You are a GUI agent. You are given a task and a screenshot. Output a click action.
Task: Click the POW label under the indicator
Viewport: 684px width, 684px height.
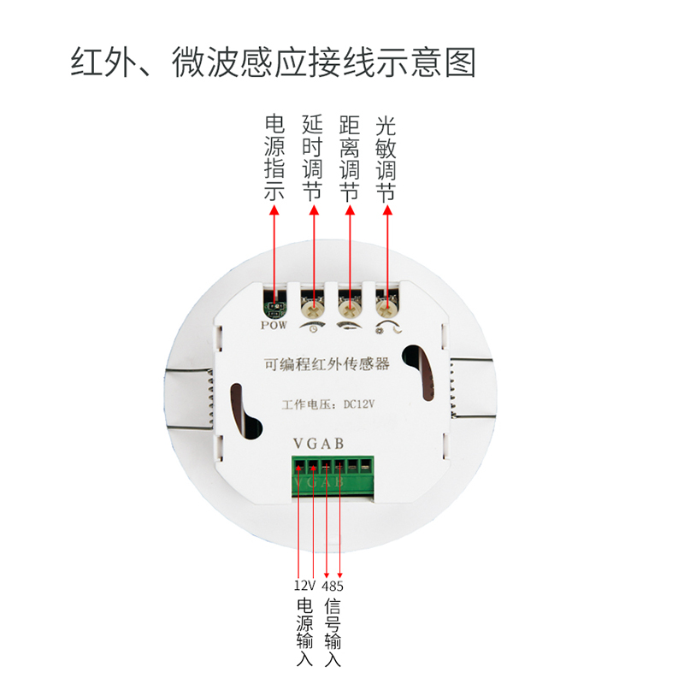[x=274, y=326]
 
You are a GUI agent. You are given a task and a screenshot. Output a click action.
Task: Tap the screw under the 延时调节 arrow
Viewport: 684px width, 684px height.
[x=312, y=304]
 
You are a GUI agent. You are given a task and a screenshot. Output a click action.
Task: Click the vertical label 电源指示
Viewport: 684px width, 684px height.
[x=274, y=158]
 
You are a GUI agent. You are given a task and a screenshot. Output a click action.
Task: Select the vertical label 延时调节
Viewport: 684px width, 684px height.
[x=312, y=158]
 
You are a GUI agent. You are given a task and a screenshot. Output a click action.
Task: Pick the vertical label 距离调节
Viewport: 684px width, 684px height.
[x=349, y=158]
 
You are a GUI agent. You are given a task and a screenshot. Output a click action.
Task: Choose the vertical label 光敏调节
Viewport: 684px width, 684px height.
[x=386, y=158]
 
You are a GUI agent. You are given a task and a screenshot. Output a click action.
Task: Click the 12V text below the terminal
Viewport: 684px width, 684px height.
[x=304, y=586]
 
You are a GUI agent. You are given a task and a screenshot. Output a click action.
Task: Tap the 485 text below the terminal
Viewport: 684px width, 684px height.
[x=333, y=586]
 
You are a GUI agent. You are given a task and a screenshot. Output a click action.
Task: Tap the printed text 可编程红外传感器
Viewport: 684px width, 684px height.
[x=327, y=365]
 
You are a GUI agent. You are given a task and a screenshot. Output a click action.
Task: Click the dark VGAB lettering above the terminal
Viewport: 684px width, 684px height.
[x=318, y=444]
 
